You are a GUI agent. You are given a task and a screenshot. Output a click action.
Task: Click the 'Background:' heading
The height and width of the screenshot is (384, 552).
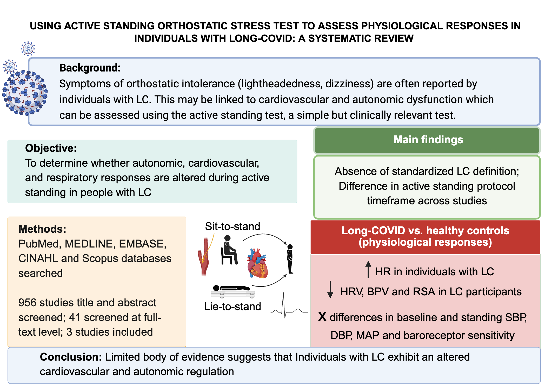click(90, 68)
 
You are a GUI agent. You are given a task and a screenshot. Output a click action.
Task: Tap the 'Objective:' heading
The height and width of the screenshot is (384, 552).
click(51, 148)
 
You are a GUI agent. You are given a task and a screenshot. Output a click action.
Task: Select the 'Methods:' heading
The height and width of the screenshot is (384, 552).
click(42, 229)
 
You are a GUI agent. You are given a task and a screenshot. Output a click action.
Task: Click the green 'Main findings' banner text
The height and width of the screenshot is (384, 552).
click(428, 140)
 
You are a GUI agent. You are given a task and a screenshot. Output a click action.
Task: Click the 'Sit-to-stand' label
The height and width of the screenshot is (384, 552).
click(232, 226)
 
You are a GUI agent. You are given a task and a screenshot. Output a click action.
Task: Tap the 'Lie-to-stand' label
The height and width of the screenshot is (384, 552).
click(232, 307)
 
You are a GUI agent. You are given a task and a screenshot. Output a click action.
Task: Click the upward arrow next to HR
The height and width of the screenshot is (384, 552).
click(368, 269)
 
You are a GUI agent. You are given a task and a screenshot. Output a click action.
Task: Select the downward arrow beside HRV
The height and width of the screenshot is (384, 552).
click(330, 289)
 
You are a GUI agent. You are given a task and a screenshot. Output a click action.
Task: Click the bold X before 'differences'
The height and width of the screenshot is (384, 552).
click(322, 317)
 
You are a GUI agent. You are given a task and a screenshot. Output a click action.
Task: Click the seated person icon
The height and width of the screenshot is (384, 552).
click(229, 250)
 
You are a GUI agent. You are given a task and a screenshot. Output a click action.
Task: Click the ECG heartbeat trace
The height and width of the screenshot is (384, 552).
click(288, 308)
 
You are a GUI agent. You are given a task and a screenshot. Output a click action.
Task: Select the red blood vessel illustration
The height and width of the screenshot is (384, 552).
click(204, 256)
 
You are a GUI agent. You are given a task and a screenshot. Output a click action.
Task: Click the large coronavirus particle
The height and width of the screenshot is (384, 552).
click(25, 92)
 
